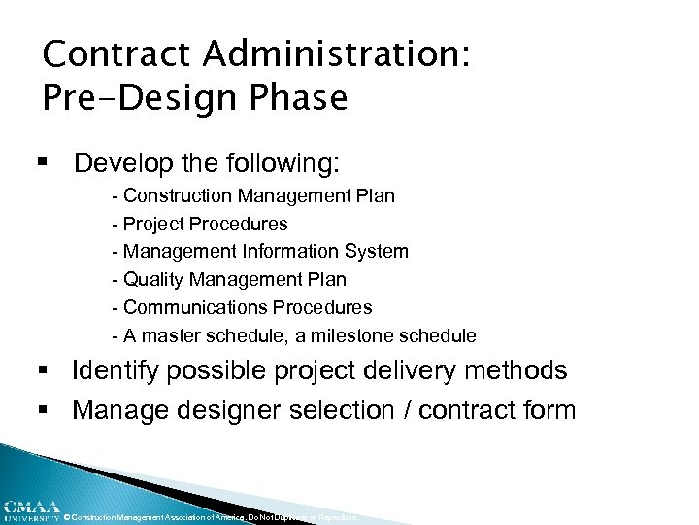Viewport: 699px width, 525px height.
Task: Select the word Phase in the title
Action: click(x=300, y=98)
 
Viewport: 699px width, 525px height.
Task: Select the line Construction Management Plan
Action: click(x=253, y=195)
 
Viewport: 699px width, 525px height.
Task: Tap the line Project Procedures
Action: click(x=200, y=224)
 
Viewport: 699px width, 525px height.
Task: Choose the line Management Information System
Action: click(x=260, y=252)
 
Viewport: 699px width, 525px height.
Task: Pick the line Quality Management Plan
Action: click(x=229, y=280)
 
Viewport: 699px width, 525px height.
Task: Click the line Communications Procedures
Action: click(x=242, y=307)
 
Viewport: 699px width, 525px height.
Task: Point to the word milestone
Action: click(x=360, y=335)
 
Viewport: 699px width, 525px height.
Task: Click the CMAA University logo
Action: click(x=30, y=509)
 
